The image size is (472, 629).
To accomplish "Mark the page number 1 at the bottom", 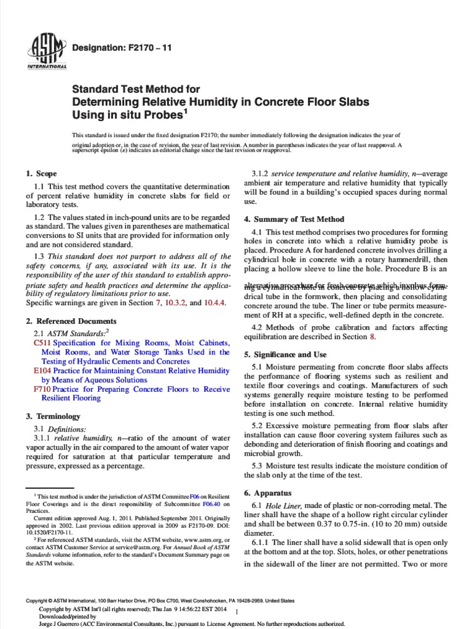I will (237, 611).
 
